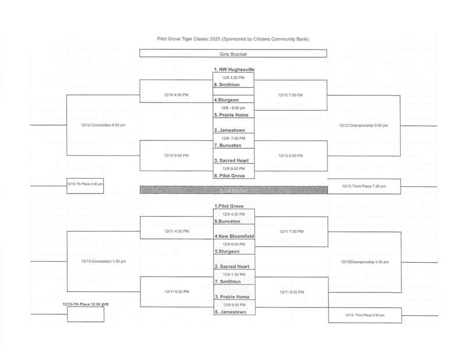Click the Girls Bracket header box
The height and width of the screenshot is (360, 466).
[x=233, y=54]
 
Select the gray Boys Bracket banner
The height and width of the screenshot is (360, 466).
[x=233, y=190]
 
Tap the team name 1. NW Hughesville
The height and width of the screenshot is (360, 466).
[x=234, y=70]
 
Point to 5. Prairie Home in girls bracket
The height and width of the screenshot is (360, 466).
[x=232, y=115]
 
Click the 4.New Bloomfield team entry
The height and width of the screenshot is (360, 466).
[x=234, y=237]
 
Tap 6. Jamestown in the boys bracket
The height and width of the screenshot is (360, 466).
[x=230, y=312]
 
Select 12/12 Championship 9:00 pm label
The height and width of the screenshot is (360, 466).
[x=363, y=125]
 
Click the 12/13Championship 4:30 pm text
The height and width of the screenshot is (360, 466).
[x=364, y=262]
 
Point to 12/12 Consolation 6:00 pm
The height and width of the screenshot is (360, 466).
[x=103, y=125]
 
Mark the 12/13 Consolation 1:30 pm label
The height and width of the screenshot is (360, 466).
[x=103, y=262]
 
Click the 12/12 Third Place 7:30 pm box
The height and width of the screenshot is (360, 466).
[x=364, y=186]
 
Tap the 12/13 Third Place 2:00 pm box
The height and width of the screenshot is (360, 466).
[x=364, y=315]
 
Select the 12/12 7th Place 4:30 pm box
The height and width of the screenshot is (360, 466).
[x=85, y=185]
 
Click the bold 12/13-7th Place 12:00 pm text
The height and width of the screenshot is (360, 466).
[x=86, y=303]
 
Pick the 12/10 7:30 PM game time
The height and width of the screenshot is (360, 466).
[x=290, y=95]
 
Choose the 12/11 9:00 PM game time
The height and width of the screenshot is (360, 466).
[x=291, y=292]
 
